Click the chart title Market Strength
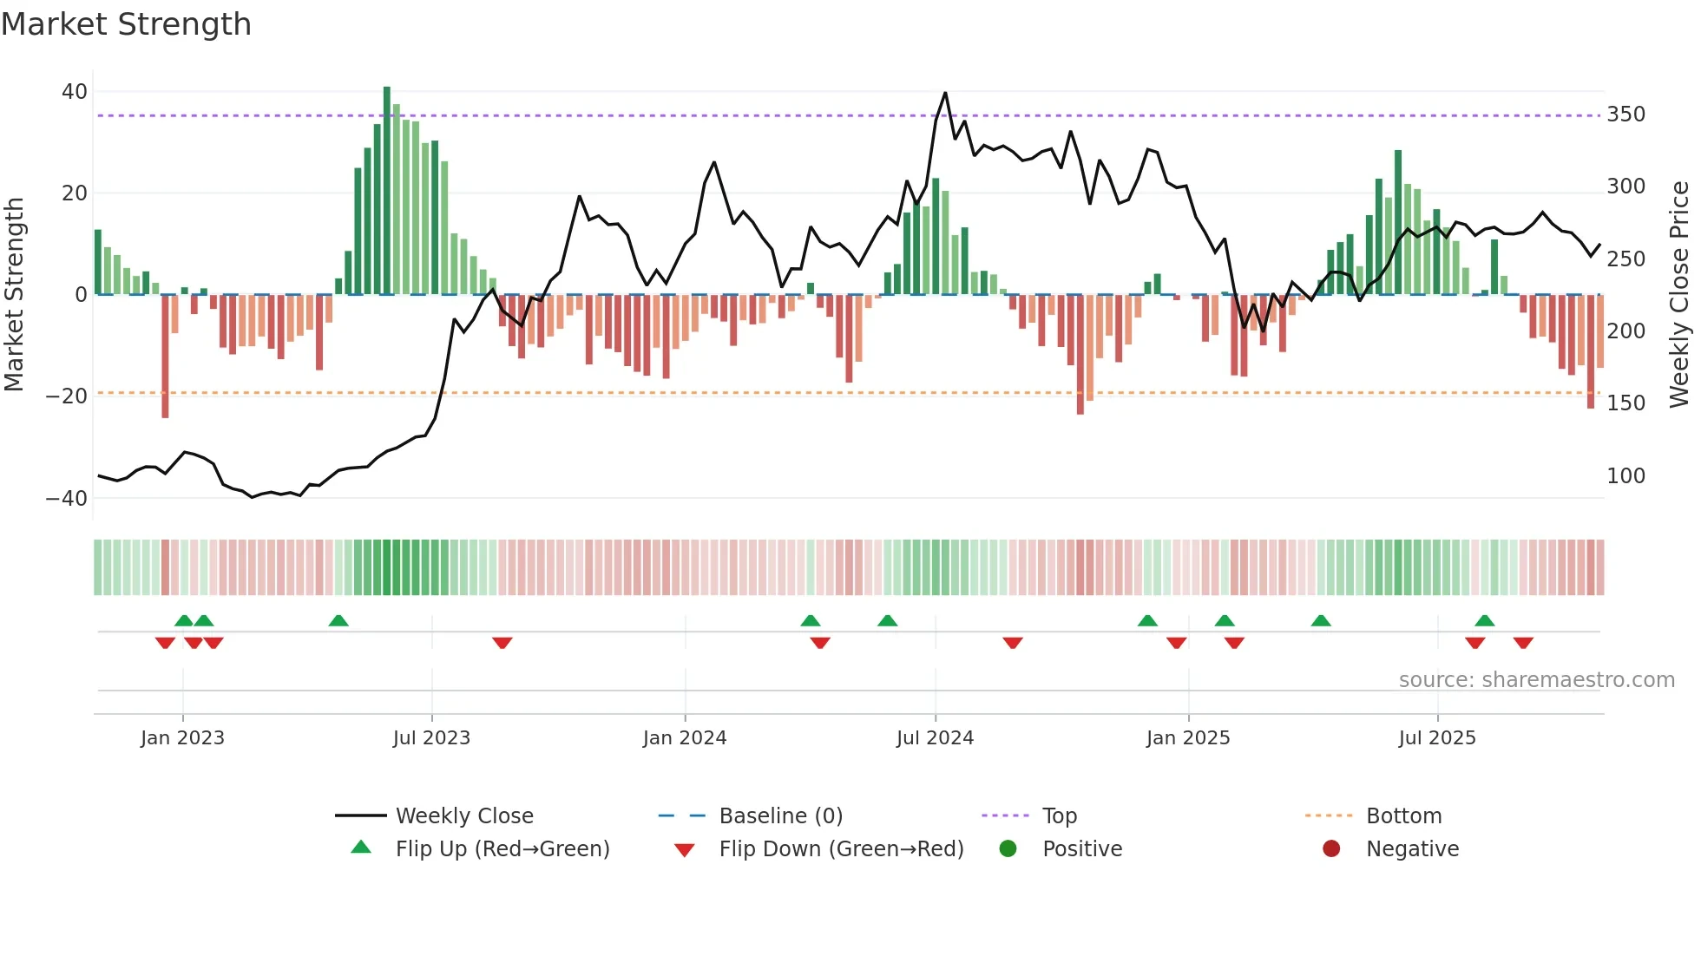click(x=126, y=24)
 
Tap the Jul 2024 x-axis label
click(x=935, y=738)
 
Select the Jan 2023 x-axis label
click(x=182, y=738)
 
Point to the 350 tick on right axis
click(x=1625, y=115)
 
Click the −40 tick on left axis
click(x=67, y=499)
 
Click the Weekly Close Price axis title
click(x=1679, y=294)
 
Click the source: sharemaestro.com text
click(x=1536, y=680)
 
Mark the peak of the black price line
click(x=945, y=93)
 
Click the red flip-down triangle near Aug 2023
click(x=502, y=643)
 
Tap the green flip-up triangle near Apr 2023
click(x=338, y=620)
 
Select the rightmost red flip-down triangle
click(x=1523, y=643)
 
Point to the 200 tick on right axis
click(x=1625, y=331)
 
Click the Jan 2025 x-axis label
click(x=1188, y=738)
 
